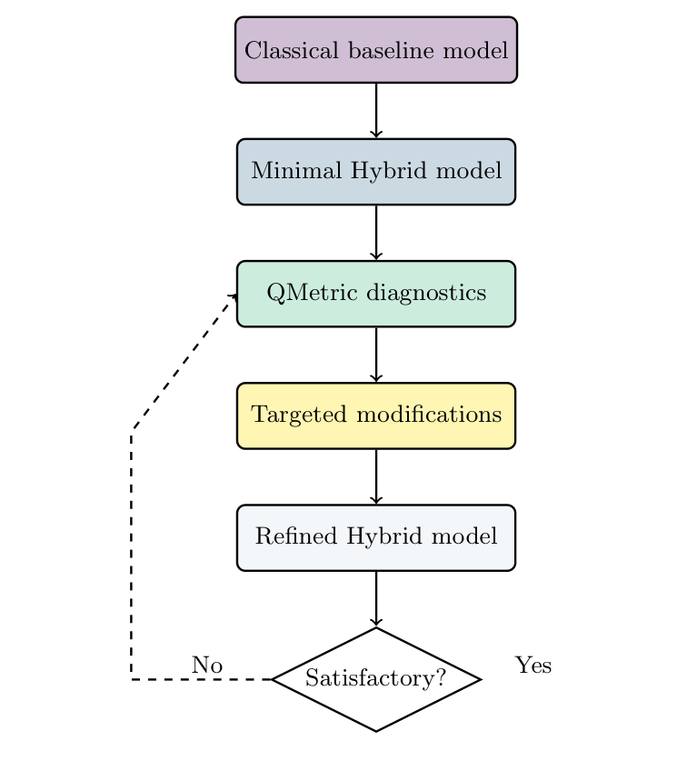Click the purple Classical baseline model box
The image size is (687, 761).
[376, 50]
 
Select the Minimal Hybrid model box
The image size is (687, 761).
[376, 172]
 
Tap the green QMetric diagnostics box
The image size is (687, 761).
[376, 294]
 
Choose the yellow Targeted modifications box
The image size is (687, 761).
[376, 416]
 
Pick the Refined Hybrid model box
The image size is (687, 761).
[376, 537]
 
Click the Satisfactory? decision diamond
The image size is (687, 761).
[376, 679]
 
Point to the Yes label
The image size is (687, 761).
[533, 666]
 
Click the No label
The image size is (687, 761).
[207, 666]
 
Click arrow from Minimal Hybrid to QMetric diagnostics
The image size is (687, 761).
[376, 233]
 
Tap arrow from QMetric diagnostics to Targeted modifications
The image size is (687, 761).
[376, 355]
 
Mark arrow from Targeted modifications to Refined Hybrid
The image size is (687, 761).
[376, 476]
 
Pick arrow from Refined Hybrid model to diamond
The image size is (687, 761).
[376, 598]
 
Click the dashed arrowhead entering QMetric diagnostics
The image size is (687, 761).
[234, 296]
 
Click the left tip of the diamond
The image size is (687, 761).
[274, 679]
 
